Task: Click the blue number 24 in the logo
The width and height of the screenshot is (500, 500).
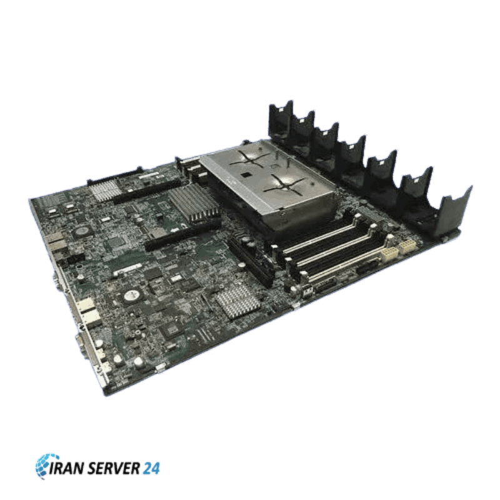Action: coord(152,468)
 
